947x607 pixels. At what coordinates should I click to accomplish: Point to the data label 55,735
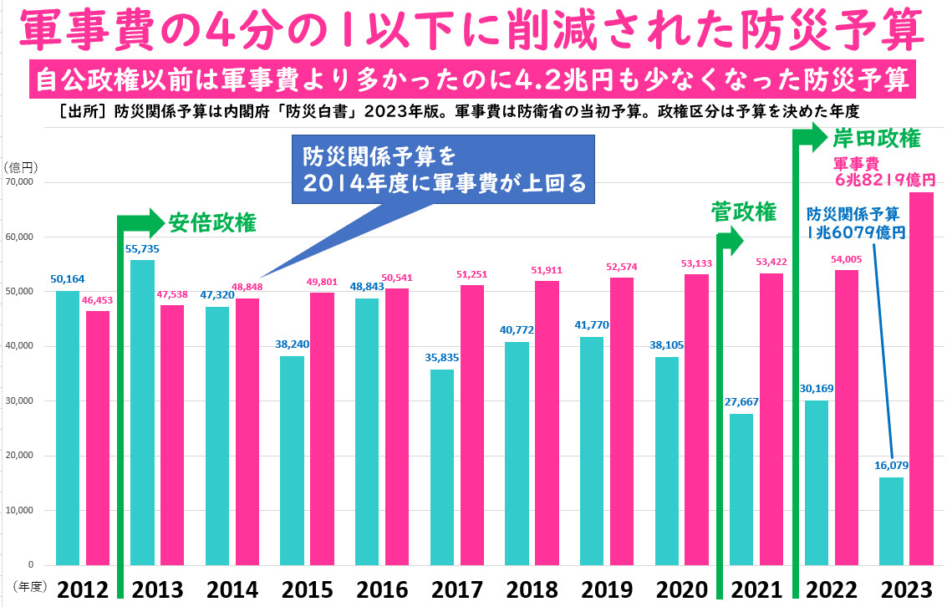point(142,249)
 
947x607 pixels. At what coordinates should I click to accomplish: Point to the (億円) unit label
point(18,167)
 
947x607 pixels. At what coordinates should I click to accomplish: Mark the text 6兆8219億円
point(885,178)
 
